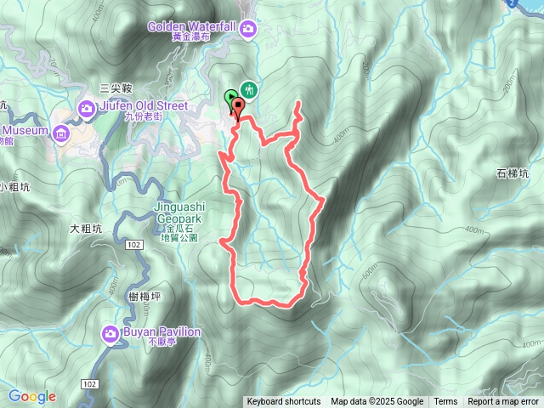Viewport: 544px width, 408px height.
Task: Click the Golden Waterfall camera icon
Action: (248, 30)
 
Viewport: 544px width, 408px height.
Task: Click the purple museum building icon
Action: (60, 133)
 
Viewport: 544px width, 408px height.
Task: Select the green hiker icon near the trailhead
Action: (249, 89)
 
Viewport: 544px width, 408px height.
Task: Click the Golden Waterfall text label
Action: (191, 26)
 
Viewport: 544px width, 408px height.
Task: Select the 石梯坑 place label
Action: (513, 173)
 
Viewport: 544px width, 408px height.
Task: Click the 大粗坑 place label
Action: (86, 228)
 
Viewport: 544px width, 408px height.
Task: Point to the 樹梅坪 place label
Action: (147, 296)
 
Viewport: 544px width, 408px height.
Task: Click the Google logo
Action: (31, 396)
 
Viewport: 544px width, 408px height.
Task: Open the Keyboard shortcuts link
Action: (284, 402)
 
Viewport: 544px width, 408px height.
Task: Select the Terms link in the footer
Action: (445, 402)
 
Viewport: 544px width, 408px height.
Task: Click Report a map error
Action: (504, 402)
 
